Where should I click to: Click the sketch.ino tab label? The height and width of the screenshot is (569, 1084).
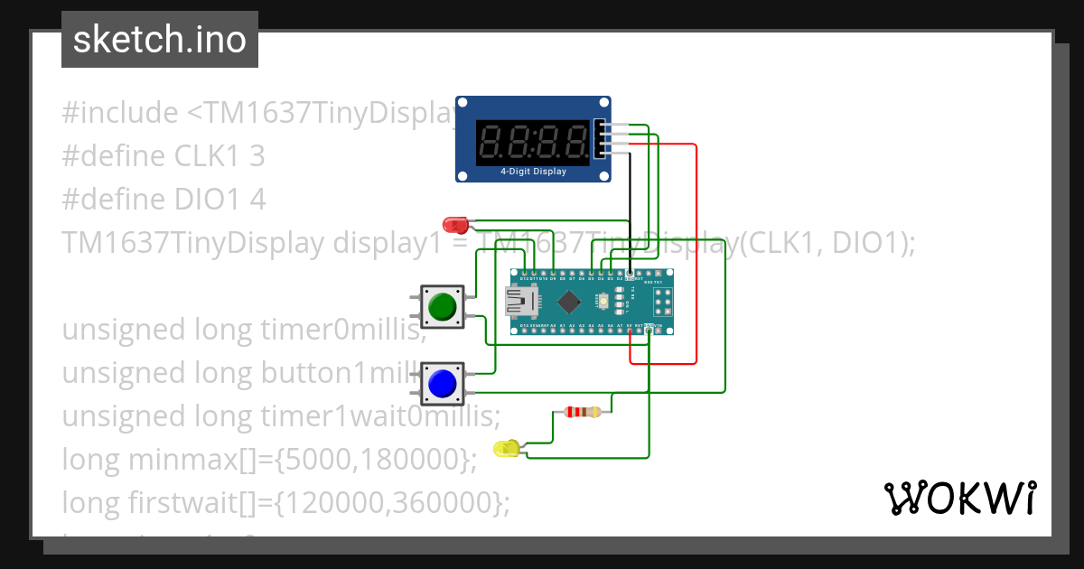[x=159, y=40]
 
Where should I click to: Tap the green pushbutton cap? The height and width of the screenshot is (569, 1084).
[x=442, y=306]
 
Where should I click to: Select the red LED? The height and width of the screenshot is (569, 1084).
[x=455, y=223]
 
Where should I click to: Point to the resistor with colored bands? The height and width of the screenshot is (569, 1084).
[x=582, y=413]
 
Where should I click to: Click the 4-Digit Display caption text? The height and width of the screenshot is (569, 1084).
[x=533, y=171]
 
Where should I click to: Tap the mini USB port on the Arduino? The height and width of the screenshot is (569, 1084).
[x=518, y=302]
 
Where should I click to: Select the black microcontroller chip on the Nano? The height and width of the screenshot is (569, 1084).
[x=569, y=302]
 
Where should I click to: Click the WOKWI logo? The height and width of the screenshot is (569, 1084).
[x=959, y=498]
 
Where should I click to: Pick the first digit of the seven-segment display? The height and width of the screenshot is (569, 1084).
[x=492, y=141]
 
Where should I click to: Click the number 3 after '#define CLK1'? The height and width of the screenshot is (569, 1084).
[x=257, y=156]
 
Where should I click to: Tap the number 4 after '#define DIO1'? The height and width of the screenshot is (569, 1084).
[x=257, y=200]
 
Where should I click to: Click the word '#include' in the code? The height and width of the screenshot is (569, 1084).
[x=120, y=113]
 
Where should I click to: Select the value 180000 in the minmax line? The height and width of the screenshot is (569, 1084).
[x=413, y=460]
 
